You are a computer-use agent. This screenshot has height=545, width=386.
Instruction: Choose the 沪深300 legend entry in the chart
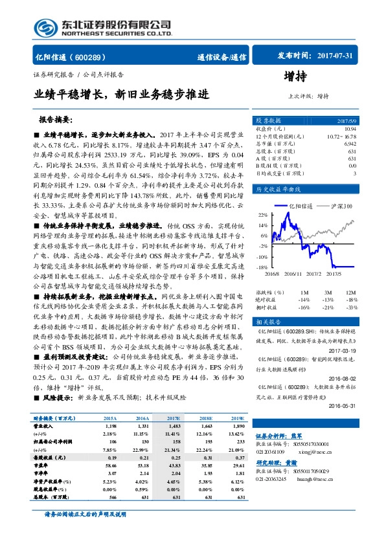pyautogui.click(x=341, y=206)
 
